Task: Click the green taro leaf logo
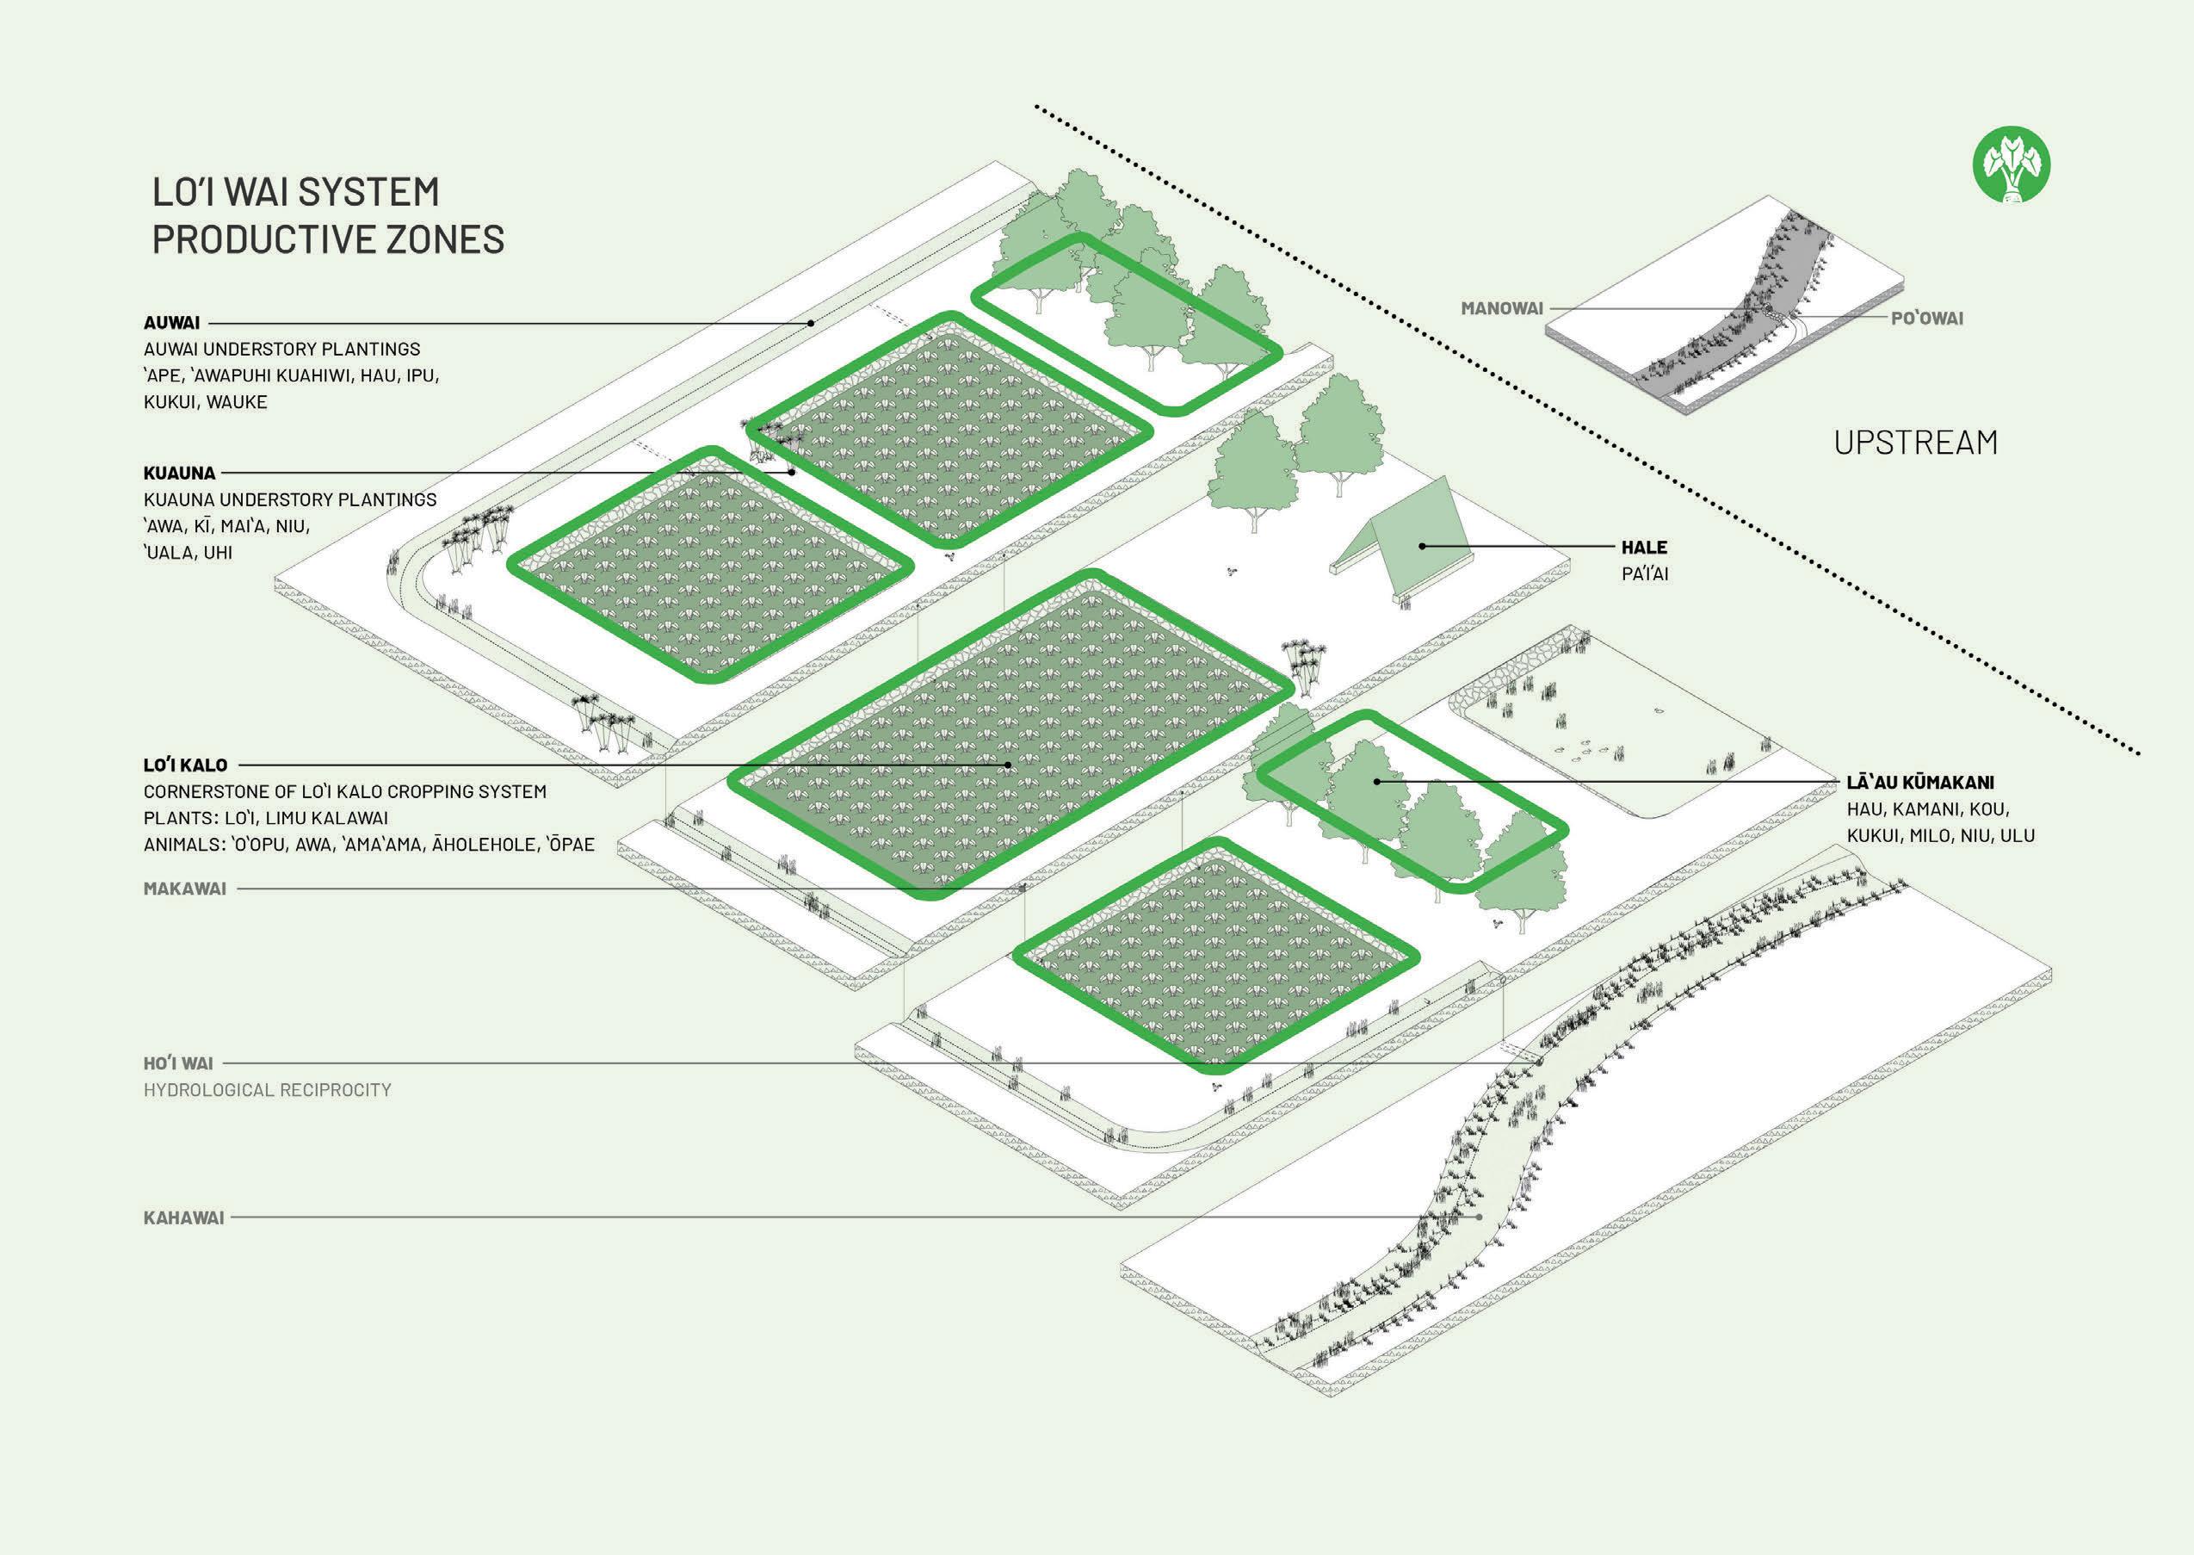[2012, 167]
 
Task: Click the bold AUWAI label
[171, 323]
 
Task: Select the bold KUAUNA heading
[179, 473]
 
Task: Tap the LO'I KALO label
[186, 765]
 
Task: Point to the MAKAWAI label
[185, 889]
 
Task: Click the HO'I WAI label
[178, 1062]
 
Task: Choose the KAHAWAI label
[184, 1218]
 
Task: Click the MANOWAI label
[1501, 308]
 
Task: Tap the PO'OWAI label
[1926, 318]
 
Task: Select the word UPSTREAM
[1915, 443]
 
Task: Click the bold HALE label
[1644, 548]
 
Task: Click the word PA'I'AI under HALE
[1644, 574]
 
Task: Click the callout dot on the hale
[1423, 546]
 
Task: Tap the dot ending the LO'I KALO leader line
[1009, 765]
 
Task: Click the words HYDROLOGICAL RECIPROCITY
[267, 1090]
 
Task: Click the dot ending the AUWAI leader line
[812, 324]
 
